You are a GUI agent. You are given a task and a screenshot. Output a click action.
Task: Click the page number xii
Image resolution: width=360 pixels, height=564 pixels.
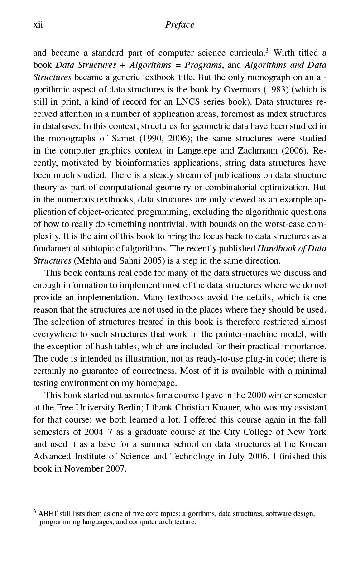(38, 25)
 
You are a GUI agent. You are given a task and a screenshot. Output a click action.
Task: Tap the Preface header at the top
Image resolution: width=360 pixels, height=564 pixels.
(179, 25)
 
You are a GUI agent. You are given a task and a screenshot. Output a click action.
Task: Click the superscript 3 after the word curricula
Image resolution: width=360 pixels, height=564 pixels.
(268, 50)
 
